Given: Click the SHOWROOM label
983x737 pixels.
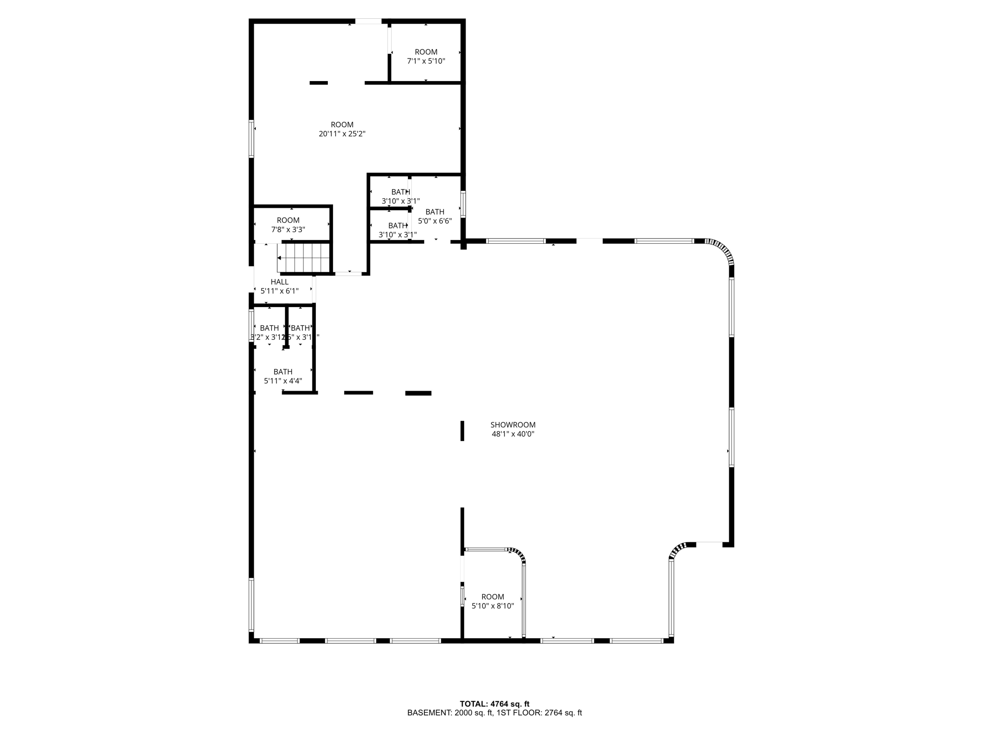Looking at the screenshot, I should tap(513, 425).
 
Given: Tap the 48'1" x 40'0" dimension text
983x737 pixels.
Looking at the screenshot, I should tap(513, 434).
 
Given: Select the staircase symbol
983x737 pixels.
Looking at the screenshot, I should tap(304, 258).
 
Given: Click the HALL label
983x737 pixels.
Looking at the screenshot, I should tap(279, 282).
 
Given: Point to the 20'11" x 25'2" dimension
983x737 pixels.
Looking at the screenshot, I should tap(342, 134).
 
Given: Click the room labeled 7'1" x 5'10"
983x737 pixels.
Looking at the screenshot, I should tap(426, 57).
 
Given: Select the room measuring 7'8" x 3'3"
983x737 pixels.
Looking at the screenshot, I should tap(288, 225).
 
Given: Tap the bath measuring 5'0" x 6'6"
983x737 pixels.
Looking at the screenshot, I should tap(435, 216).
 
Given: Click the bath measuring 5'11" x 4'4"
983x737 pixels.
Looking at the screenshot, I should tap(283, 376).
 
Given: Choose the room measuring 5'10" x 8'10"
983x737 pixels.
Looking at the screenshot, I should tap(492, 601).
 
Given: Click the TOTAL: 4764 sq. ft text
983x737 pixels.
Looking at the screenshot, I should tap(494, 704).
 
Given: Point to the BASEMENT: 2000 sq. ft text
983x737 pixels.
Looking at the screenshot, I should tap(450, 713).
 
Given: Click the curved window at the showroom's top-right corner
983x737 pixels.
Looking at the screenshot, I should tap(722, 250).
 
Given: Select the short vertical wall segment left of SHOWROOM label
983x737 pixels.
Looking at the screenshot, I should tap(462, 430).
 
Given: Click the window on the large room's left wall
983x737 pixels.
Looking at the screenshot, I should tap(251, 139).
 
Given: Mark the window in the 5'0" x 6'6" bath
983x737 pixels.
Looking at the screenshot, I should tap(463, 204).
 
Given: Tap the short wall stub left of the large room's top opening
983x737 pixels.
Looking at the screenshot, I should tap(318, 83).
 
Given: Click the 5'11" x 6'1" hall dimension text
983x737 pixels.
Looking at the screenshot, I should tap(279, 291).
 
